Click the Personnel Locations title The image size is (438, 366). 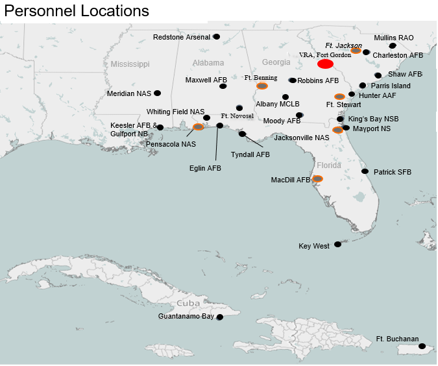click(x=77, y=11)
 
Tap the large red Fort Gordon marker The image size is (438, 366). click(x=325, y=64)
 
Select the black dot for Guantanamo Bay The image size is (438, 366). click(x=220, y=317)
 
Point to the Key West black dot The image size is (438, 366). click(x=337, y=245)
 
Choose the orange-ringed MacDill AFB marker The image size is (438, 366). click(x=317, y=178)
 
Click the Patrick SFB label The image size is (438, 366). click(x=392, y=172)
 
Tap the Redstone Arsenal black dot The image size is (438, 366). click(x=216, y=36)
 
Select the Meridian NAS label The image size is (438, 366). click(x=129, y=93)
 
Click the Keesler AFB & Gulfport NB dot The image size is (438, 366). click(x=160, y=127)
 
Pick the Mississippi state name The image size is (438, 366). click(x=130, y=64)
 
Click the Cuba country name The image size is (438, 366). click(x=188, y=304)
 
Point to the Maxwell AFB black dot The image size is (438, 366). click(x=223, y=86)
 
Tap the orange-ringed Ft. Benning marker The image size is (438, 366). click(x=262, y=86)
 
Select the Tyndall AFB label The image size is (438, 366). click(x=250, y=155)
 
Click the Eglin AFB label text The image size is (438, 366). click(x=204, y=168)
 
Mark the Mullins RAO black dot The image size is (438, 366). click(x=392, y=46)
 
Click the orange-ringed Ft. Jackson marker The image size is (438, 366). click(x=356, y=51)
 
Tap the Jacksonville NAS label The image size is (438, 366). click(x=301, y=138)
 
